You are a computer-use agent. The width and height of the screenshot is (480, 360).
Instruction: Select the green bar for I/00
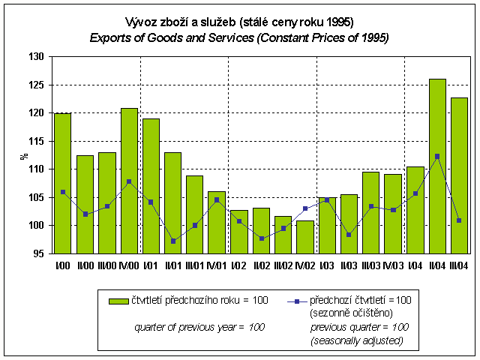point(63,183)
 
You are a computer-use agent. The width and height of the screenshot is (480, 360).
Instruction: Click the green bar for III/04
point(459,175)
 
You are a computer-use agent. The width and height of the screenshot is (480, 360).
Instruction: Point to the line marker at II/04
point(437,157)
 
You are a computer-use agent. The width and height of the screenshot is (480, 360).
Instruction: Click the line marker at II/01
point(173,241)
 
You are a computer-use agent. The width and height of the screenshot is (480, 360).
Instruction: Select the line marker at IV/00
point(129,181)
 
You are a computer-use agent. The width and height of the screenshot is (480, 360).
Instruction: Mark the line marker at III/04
point(459,220)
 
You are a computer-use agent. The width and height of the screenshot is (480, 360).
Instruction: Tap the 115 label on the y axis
point(37,141)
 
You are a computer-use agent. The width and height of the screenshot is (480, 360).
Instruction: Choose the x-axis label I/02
point(239,265)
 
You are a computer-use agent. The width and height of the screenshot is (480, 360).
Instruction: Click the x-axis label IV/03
point(393,265)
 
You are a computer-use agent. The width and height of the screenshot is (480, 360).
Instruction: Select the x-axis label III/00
point(107,265)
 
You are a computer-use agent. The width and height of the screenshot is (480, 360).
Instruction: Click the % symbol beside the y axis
point(23,155)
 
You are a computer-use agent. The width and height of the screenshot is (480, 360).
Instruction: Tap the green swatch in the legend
point(118,301)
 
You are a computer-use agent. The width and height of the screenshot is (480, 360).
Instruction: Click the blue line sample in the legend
point(297,301)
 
